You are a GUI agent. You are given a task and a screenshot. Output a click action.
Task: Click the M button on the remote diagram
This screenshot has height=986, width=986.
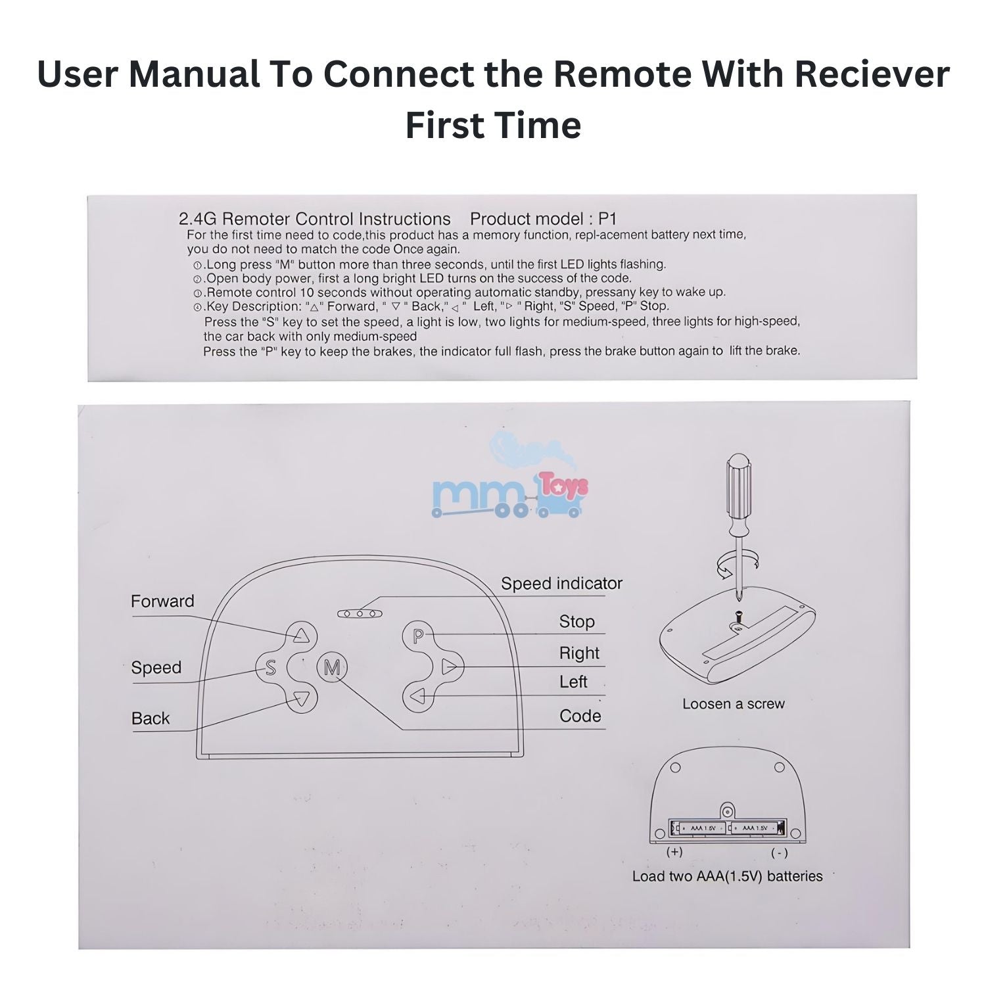pyautogui.click(x=332, y=668)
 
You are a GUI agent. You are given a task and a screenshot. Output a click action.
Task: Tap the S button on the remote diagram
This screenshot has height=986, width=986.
pyautogui.click(x=270, y=668)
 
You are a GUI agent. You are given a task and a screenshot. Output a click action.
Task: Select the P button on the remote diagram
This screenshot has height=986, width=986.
pyautogui.click(x=418, y=636)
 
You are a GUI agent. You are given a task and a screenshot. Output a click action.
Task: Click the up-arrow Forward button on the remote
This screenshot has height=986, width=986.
pyautogui.click(x=301, y=636)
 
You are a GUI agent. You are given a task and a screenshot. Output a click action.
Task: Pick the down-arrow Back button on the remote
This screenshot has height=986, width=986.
pyautogui.click(x=301, y=699)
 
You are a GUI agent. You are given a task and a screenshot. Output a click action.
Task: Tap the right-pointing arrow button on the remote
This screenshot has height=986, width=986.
pyautogui.click(x=449, y=667)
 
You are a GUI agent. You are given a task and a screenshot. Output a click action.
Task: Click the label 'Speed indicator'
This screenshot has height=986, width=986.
pyautogui.click(x=561, y=584)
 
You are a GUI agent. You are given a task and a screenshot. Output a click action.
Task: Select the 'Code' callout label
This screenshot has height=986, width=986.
pyautogui.click(x=580, y=716)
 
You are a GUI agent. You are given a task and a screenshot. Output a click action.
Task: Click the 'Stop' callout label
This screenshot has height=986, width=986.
pyautogui.click(x=576, y=621)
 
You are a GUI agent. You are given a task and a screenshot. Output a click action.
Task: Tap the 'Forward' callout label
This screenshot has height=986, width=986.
pyautogui.click(x=162, y=601)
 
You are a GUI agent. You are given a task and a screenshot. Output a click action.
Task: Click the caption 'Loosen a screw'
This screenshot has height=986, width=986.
pyautogui.click(x=733, y=704)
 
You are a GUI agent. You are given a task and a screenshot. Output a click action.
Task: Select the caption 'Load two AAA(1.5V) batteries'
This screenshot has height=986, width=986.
pyautogui.click(x=727, y=876)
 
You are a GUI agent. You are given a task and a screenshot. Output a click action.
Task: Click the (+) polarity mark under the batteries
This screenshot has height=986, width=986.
pyautogui.click(x=674, y=852)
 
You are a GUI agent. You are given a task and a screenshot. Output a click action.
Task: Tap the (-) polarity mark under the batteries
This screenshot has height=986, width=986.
pyautogui.click(x=779, y=853)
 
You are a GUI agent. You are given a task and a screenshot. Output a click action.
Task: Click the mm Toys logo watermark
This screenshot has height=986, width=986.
pyautogui.click(x=509, y=490)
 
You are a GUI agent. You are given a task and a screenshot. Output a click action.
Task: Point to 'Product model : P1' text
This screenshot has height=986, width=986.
pyautogui.click(x=543, y=219)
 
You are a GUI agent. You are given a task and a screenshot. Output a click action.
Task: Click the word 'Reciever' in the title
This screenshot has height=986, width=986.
pyautogui.click(x=872, y=74)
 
